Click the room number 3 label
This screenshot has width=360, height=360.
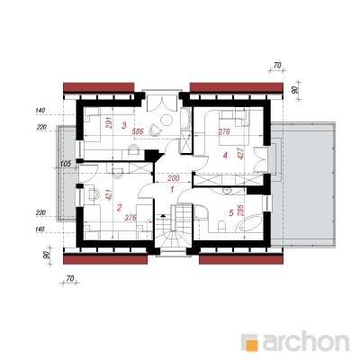click(124, 125)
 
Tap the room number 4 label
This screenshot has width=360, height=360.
click(225, 156)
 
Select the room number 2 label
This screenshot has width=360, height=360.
click(120, 208)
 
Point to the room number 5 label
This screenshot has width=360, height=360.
click(230, 213)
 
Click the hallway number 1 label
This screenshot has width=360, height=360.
click(172, 190)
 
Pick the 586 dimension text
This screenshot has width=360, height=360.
click(139, 131)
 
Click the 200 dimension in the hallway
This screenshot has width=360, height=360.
click(173, 178)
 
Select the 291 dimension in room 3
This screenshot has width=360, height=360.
click(109, 123)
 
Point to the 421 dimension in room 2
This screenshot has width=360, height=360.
click(109, 194)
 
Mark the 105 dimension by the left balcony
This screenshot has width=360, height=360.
click(65, 164)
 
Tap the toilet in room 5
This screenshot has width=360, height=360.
click(221, 226)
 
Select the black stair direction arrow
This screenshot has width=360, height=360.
click(163, 215)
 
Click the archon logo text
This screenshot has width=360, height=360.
click(306, 341)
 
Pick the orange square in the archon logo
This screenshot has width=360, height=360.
click(251, 345)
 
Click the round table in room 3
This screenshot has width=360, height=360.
click(166, 121)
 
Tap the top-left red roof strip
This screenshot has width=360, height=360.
click(98, 87)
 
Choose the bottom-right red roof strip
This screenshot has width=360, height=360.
click(241, 259)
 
